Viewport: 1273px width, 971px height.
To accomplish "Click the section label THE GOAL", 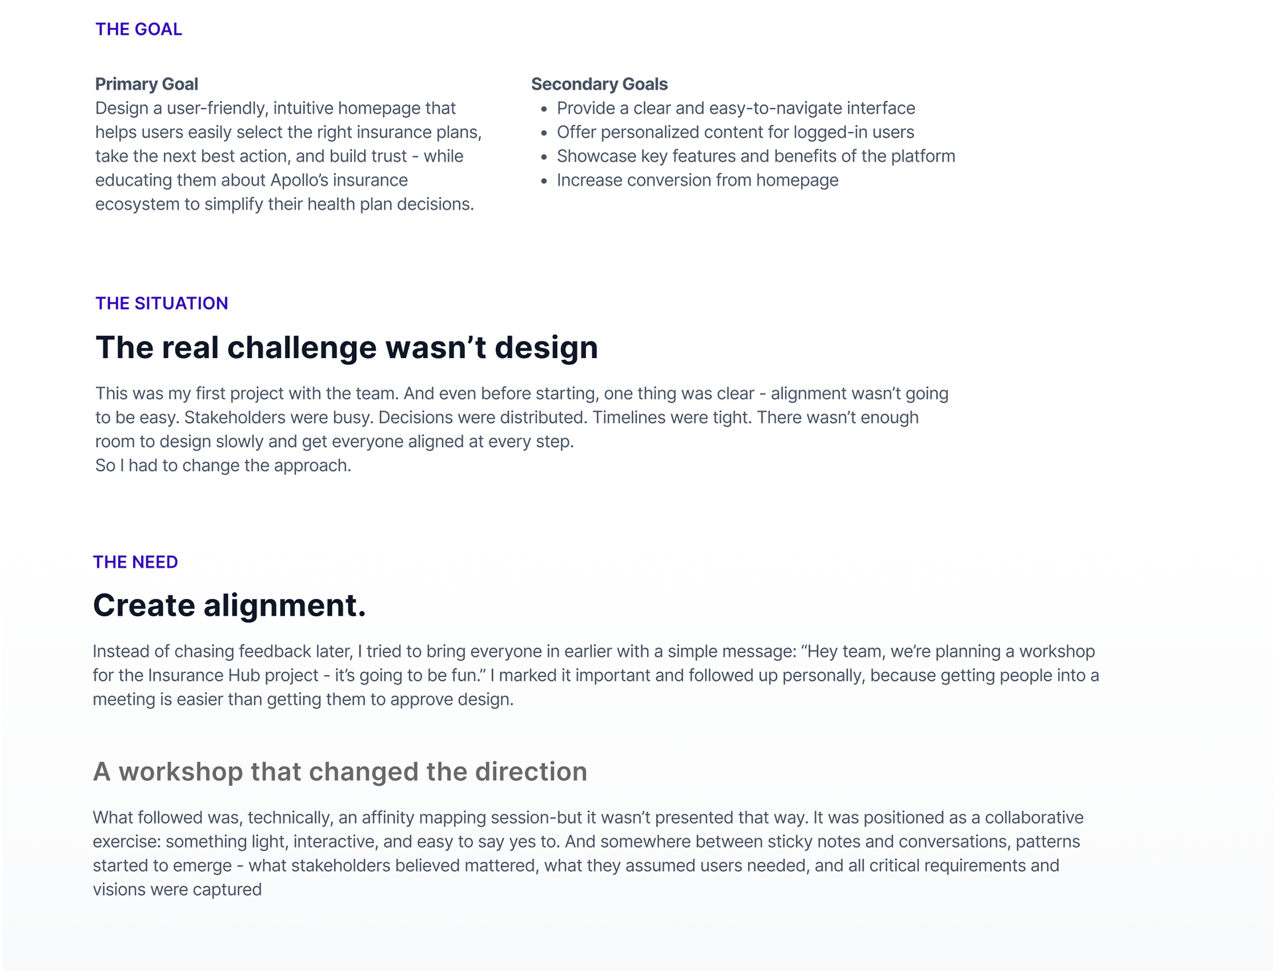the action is (x=139, y=29).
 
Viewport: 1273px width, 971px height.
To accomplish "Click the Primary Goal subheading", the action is (x=147, y=84).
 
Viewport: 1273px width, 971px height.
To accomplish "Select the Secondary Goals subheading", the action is (x=599, y=84).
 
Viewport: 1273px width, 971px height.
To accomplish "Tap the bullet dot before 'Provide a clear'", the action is (x=544, y=109).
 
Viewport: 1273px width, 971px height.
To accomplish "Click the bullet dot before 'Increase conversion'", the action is (x=544, y=181).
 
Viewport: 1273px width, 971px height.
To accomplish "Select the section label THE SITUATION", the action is (x=162, y=303).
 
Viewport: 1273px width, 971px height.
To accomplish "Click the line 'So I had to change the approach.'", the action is (x=223, y=466).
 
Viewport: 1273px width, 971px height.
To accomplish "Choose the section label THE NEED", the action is (x=135, y=562).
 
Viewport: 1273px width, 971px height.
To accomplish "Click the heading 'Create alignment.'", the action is (x=229, y=606).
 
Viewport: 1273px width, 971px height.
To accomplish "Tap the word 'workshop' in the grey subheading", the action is (x=180, y=772).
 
